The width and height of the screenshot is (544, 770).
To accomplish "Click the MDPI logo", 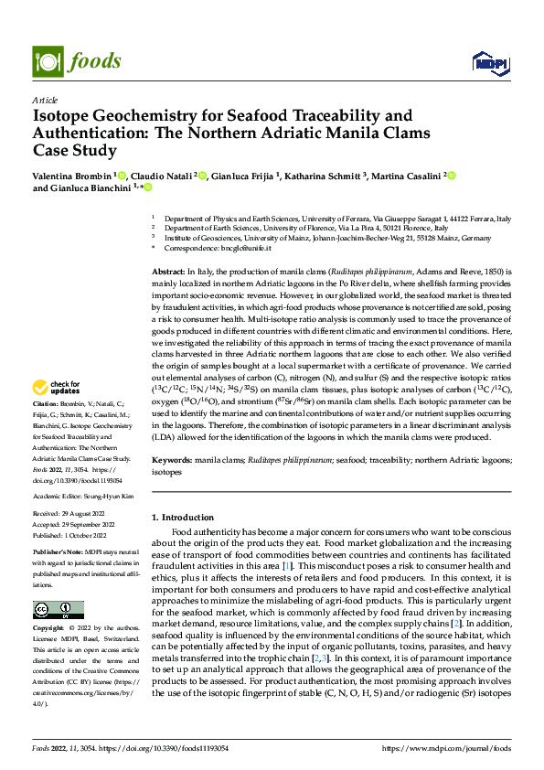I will (487, 62).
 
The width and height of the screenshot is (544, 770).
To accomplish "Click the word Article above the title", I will (44, 100).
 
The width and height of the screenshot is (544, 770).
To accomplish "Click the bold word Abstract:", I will (167, 273).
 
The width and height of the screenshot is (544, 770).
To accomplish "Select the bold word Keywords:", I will (172, 462).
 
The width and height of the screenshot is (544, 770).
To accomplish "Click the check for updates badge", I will (58, 412).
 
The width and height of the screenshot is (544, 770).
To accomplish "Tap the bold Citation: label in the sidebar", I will (46, 429).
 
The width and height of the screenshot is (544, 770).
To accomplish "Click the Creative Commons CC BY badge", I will (58, 610).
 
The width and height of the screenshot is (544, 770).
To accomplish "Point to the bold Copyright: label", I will (50, 629).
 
